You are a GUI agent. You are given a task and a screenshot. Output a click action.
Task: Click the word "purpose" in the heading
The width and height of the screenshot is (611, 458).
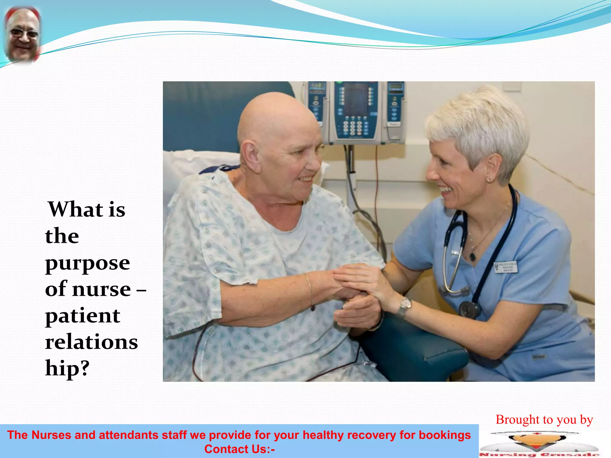[x=87, y=263]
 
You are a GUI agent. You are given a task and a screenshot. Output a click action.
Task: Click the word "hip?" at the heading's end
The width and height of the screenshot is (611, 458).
[x=67, y=368]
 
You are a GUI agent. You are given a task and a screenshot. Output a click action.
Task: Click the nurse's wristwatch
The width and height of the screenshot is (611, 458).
[x=405, y=306]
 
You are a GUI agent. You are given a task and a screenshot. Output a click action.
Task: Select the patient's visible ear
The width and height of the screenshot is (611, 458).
[x=250, y=153]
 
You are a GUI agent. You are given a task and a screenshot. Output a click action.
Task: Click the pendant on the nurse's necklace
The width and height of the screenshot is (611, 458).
[x=472, y=256]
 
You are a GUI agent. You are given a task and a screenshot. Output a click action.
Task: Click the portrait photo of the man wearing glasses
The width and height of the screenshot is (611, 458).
[x=22, y=34]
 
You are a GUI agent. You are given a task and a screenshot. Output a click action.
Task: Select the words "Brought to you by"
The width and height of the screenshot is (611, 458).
[x=544, y=420]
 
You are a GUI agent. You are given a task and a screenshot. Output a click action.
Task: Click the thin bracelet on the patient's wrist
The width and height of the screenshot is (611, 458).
[x=309, y=291]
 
